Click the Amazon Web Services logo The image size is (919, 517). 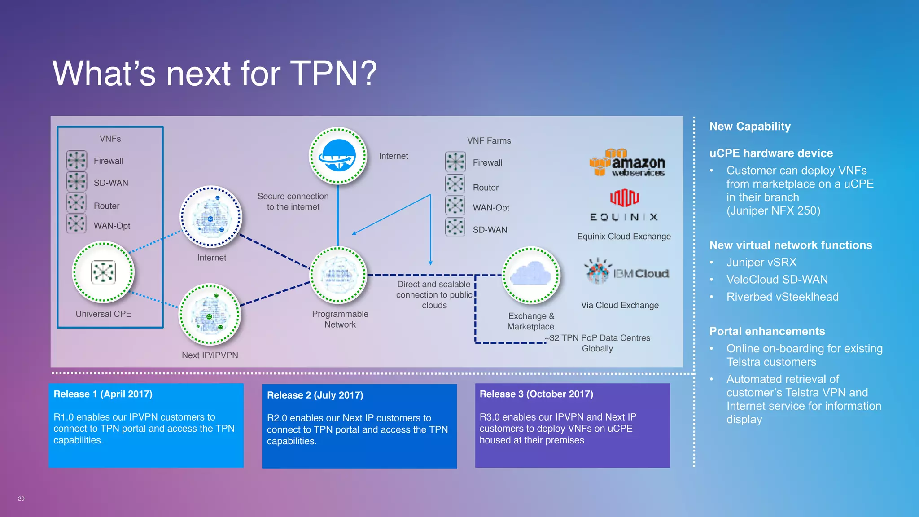tap(627, 162)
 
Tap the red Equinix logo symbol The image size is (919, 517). tap(624, 197)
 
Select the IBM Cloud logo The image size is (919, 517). tap(627, 272)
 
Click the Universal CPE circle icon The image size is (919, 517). tap(103, 272)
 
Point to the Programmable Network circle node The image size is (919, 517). tap(339, 275)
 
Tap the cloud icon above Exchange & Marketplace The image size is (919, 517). tap(531, 275)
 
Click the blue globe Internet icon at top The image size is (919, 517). tap(338, 156)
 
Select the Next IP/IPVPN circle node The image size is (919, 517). tap(210, 314)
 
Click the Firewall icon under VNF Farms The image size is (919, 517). tap(455, 162)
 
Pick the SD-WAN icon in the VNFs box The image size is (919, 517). tap(76, 182)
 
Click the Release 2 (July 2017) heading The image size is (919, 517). tap(315, 395)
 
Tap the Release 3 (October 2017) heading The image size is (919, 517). tap(536, 394)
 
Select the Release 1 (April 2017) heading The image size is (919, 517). tap(103, 394)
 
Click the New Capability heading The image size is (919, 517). tap(750, 127)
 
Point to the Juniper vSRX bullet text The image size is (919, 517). tap(761, 263)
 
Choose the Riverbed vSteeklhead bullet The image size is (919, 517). tap(782, 297)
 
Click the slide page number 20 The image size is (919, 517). tap(21, 499)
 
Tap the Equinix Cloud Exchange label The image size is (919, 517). tap(624, 237)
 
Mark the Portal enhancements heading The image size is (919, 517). tap(767, 331)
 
